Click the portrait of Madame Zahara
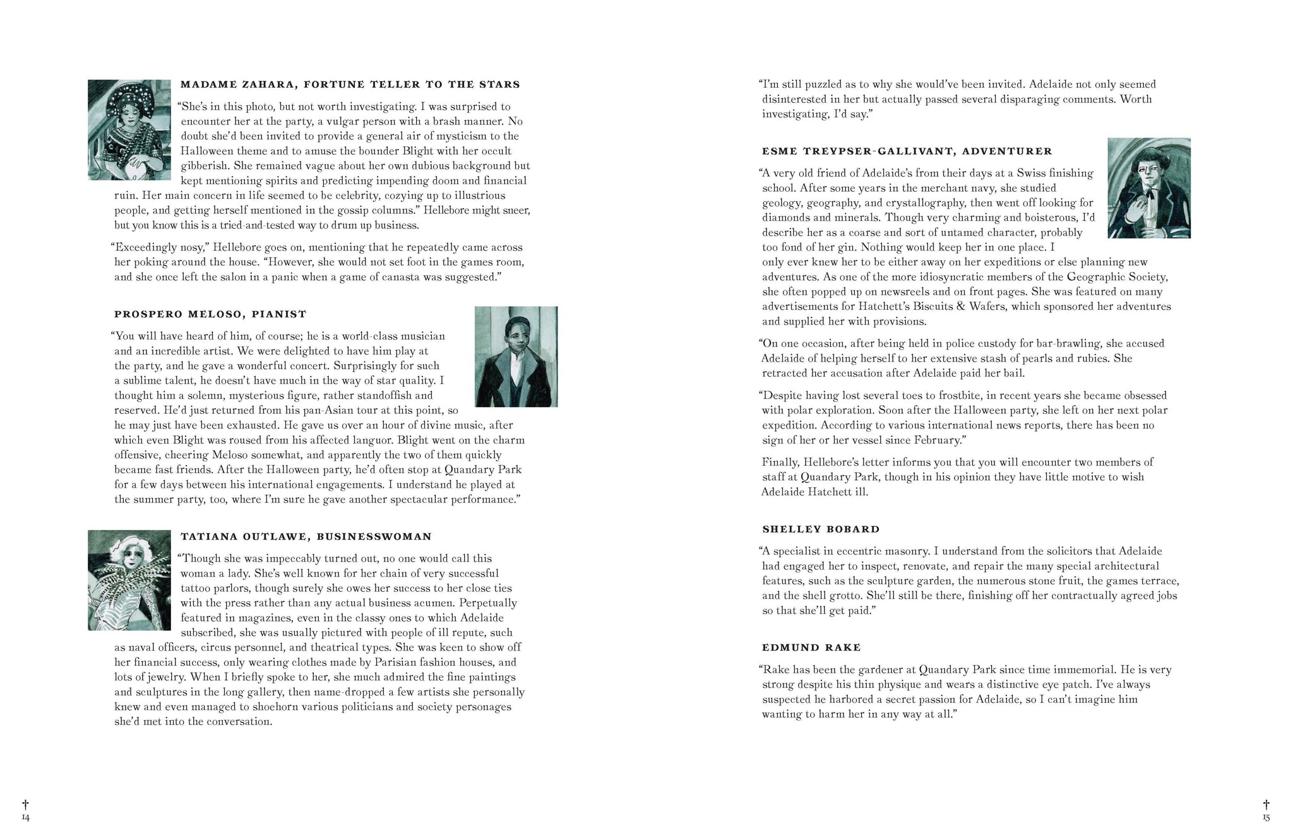point(129,129)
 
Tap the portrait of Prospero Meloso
point(516,357)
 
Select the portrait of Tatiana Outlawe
point(129,580)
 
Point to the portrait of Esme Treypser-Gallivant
point(1149,188)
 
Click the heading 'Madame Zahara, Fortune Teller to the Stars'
point(350,85)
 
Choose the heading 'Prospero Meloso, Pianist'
point(210,314)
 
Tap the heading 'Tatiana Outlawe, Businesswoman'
point(306,537)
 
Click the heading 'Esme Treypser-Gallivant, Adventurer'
point(907,151)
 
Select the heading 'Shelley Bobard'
point(821,529)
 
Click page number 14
point(25,818)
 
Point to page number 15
point(1266,818)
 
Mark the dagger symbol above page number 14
point(25,805)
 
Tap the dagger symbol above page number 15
point(1266,805)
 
